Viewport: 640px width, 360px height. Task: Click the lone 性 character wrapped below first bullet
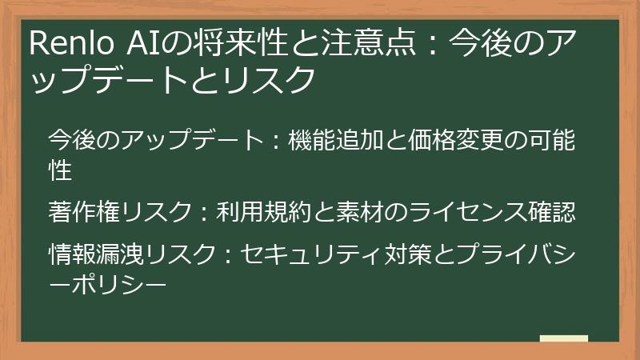click(61, 170)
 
